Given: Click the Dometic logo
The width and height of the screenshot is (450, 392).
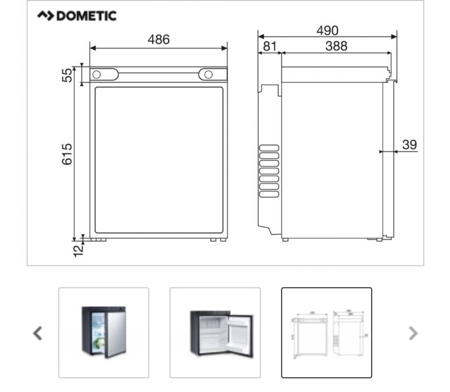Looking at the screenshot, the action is (x=77, y=16).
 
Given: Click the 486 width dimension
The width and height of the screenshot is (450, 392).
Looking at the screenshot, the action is (x=159, y=39).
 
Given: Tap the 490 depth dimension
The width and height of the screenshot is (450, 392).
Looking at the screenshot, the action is (x=327, y=31).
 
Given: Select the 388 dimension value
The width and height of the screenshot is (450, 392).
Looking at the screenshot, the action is (x=337, y=46).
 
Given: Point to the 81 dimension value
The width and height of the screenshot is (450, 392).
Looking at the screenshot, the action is (x=270, y=46).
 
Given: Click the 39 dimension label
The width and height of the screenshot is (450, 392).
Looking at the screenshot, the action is (x=410, y=144).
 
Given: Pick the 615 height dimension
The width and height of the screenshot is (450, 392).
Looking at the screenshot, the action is (x=67, y=154).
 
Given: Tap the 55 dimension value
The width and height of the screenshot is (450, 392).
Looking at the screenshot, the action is (x=67, y=75).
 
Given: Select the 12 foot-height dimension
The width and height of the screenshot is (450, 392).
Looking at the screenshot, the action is (x=78, y=251).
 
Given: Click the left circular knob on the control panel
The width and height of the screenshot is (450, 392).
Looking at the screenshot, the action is (x=96, y=75).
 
